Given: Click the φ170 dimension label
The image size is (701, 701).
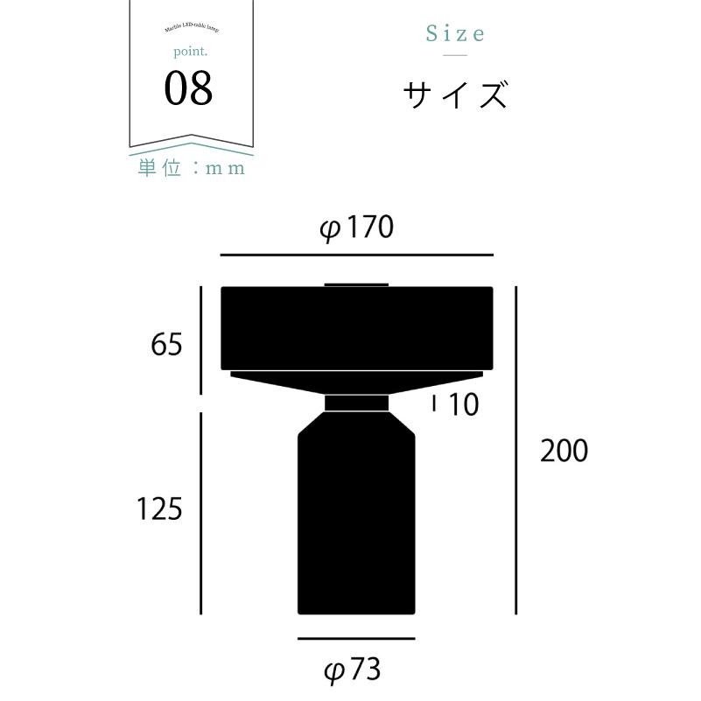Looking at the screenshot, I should [357, 229].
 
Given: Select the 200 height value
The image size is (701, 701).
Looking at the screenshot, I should [564, 452].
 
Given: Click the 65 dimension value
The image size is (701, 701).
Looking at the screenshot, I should [166, 345].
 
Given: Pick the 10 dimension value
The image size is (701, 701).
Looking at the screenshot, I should [464, 405].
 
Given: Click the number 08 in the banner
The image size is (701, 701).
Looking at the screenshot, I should [188, 90].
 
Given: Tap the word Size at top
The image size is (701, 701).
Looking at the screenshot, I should [455, 34].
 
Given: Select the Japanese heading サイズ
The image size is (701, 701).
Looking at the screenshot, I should [455, 95].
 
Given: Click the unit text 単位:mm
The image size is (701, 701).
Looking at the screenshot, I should [191, 168].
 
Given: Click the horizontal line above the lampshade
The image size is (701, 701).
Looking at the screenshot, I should [357, 255].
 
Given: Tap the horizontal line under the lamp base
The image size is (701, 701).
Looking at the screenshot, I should [355, 639].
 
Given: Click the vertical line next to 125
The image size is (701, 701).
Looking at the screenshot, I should [202, 514].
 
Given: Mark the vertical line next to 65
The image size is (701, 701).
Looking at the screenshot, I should [202, 341].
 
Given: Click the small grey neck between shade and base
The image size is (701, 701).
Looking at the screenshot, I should [357, 403].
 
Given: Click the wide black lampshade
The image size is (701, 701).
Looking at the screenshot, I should [357, 329].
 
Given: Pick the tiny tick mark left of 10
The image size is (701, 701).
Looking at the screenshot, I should [435, 403].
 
